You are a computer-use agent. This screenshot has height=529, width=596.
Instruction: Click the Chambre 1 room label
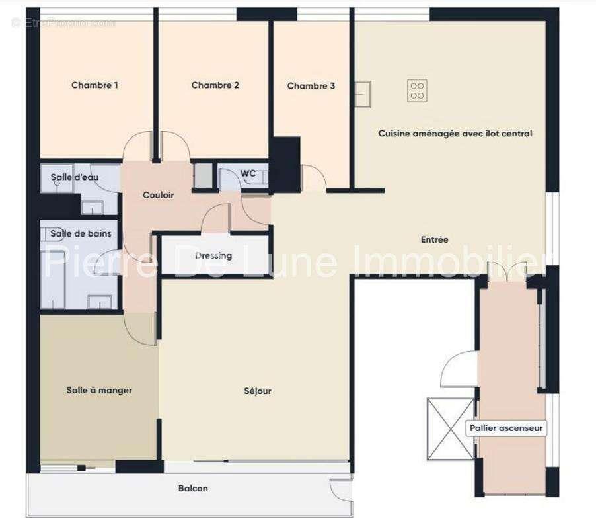point(94,85)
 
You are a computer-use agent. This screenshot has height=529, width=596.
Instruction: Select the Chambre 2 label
point(215,85)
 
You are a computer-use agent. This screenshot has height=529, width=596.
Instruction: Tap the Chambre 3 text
point(311,86)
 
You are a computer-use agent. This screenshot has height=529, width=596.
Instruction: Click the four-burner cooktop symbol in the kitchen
point(417,89)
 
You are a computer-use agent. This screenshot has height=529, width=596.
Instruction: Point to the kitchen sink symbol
point(363,93)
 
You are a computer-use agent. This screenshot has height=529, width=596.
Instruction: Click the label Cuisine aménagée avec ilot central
point(455,134)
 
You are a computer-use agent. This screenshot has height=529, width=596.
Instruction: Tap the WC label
point(248,174)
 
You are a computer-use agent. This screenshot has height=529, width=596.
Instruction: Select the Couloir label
point(158,196)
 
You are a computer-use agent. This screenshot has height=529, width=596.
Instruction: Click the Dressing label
point(213,256)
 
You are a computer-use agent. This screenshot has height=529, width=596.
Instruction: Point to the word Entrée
point(434,240)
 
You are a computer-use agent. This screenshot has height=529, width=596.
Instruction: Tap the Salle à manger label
point(99,391)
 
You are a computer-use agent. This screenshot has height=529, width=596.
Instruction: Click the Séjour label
point(258,391)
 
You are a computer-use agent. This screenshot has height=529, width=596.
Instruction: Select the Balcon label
point(193,489)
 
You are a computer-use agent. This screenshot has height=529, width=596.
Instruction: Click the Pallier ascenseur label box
point(506,428)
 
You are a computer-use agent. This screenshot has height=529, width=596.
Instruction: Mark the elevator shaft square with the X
point(451,428)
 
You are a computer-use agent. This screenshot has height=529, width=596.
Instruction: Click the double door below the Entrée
point(507,271)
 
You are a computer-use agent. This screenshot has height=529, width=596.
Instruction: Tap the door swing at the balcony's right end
point(342,491)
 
